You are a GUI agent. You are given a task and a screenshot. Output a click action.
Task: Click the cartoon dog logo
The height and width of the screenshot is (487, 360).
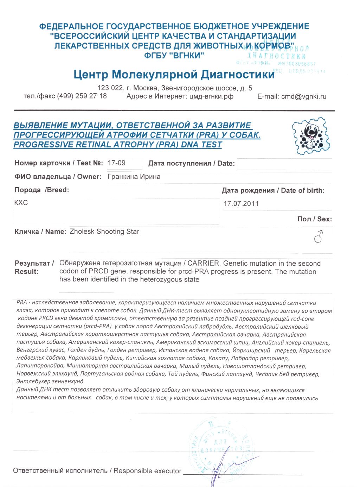coord(311,136)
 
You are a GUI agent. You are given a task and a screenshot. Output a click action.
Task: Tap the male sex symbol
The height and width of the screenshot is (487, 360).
coord(319,237)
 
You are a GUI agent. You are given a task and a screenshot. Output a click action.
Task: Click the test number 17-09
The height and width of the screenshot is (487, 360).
coord(116,163)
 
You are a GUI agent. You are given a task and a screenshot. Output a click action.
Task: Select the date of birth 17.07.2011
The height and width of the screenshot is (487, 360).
coord(241,203)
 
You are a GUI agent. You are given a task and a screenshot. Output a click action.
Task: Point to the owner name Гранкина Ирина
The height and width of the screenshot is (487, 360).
coord(134,177)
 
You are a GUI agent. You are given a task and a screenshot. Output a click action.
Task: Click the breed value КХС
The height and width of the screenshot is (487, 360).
coord(21,203)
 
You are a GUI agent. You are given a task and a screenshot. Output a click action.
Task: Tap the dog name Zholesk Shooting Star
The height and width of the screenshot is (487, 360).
coord(104,232)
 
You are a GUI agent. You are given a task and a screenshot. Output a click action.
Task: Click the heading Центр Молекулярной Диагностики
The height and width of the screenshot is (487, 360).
coord(174,75)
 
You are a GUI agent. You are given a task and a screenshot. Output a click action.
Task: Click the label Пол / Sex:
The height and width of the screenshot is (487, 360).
coord(314,219)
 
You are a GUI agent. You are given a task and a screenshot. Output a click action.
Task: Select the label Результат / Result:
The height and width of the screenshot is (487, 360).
coord(34,267)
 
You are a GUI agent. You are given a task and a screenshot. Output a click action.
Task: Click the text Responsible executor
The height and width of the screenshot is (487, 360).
coord(147,471)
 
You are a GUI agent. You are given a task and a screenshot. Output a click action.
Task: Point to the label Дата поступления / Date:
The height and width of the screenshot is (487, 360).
coord(191,163)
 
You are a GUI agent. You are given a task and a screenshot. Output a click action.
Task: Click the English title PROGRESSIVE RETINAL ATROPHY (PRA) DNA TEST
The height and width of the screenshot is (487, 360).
coord(117,145)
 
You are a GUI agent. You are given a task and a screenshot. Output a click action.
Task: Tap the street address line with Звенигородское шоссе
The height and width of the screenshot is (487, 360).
coord(175,88)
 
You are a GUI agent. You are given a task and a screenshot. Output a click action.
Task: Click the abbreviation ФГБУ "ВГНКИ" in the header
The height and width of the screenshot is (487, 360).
coord(174,55)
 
